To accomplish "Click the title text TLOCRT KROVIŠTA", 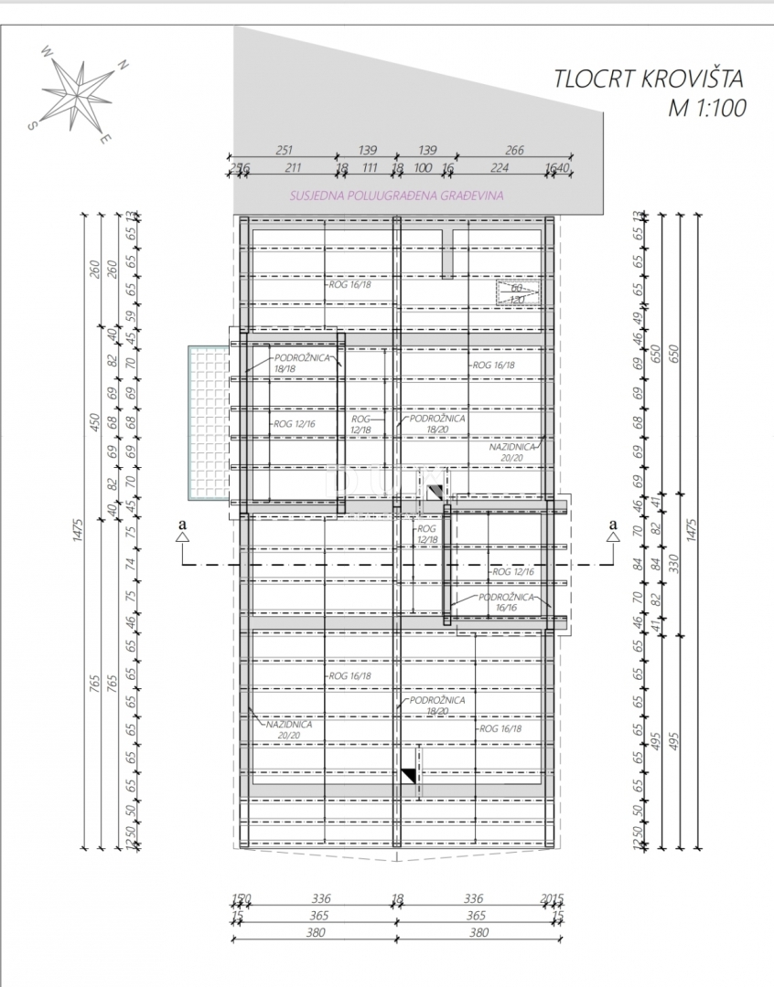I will point(650,80).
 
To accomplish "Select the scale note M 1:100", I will point(707,108).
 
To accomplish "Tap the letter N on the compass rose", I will point(123,66).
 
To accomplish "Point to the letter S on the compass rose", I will point(31,127).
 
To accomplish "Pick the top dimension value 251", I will point(283,151).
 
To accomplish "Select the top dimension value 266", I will point(514,151).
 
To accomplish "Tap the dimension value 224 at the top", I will point(499,167).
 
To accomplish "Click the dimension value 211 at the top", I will point(293,167).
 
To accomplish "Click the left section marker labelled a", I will point(182,530).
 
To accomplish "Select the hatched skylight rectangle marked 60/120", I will point(518,292).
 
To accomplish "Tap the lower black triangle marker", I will point(409,776).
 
